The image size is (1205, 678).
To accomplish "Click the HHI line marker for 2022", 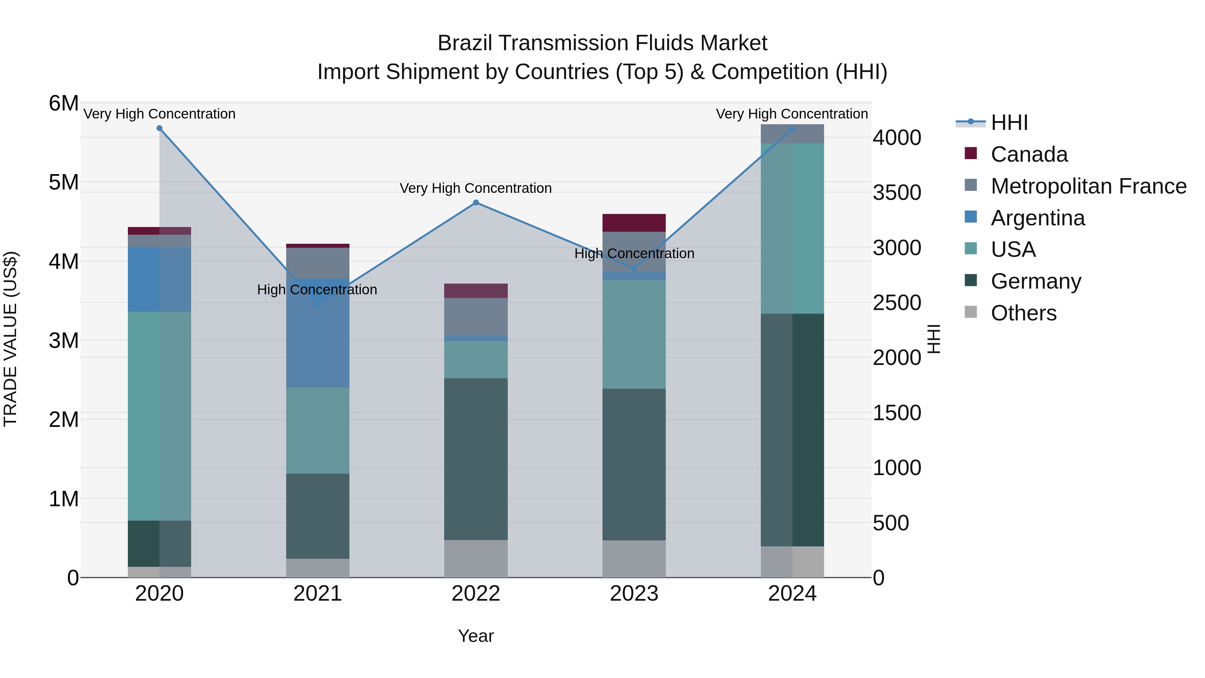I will point(476,203).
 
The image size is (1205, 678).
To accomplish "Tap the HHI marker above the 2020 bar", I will point(160,128).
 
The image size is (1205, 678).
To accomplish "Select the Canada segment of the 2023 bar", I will point(634,223).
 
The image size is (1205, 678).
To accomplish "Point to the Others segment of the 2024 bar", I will point(792,561).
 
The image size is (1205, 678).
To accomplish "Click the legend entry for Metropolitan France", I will point(1088,186).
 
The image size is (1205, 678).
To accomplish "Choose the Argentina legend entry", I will point(1038,218).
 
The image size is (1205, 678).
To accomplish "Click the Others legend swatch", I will point(971,312).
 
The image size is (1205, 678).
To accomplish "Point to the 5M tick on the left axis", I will point(64,182).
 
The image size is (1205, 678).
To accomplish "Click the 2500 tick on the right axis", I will point(896,303).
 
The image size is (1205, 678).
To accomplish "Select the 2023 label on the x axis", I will point(634,594).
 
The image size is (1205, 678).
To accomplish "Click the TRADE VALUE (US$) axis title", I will point(10,339).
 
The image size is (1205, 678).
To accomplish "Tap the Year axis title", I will point(476,636).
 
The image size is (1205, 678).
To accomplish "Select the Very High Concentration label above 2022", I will point(475,188).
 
